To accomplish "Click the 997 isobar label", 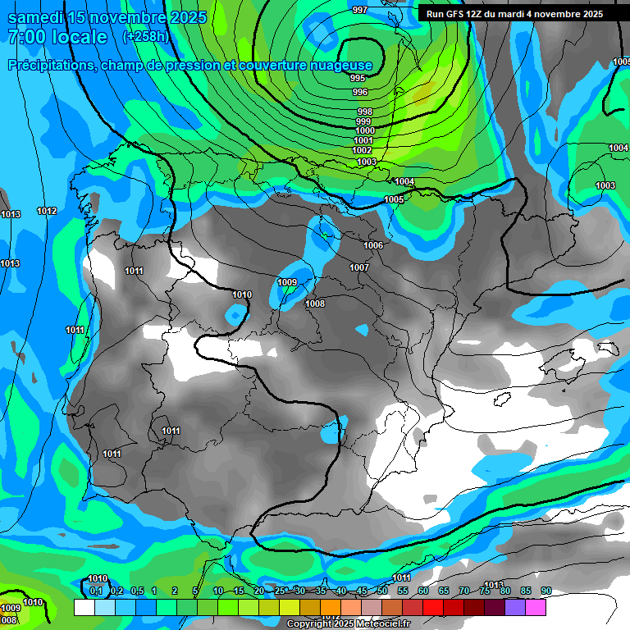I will coord(359,10).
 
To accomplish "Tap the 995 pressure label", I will coord(358,78).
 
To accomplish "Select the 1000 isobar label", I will coord(365,130).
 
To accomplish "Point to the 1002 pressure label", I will coord(362,151).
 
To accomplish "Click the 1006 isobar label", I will coord(373,245).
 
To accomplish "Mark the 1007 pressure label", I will coord(359,267).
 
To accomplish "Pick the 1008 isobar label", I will coord(315,304).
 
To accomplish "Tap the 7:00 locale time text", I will coord(57,38).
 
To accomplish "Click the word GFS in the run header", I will coord(459,14).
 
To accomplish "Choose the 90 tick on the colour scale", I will coord(546,591).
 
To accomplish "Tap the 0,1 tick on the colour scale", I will coord(96,591).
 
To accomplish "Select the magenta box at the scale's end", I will coord(536,607).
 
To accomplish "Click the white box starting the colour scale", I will coord(84,607).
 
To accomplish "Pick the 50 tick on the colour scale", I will coord(382,591).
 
